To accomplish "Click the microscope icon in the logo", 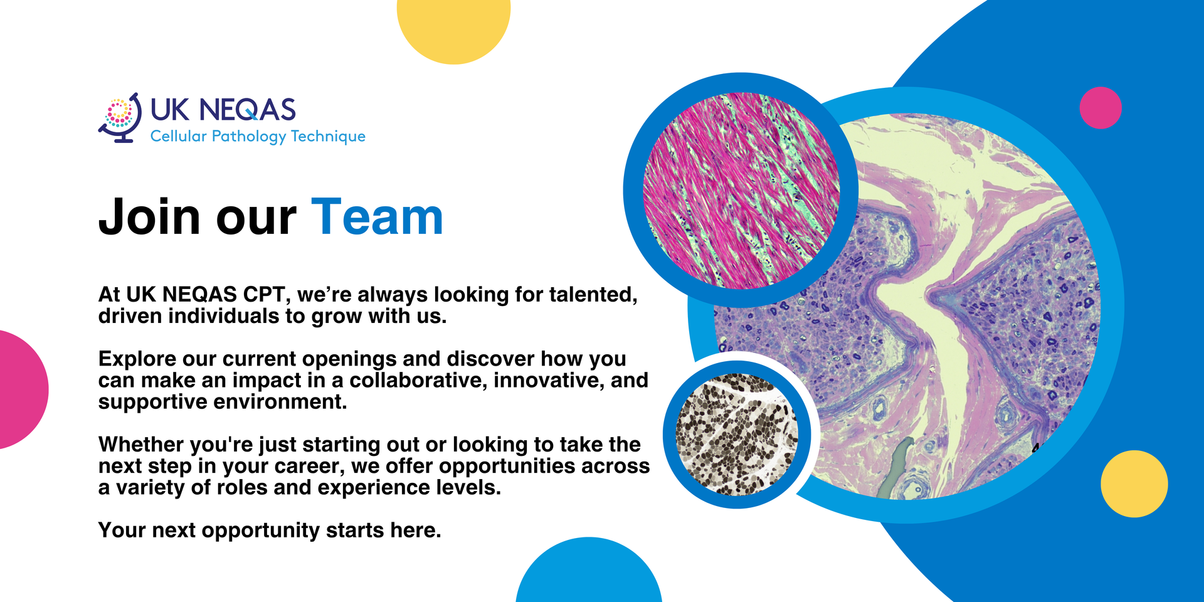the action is pyautogui.click(x=120, y=118).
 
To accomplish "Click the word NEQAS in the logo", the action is pyautogui.click(x=247, y=110).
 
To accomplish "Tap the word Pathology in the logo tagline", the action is pyautogui.click(x=249, y=137).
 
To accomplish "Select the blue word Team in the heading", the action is pyautogui.click(x=378, y=217).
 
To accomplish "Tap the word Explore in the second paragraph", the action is pyautogui.click(x=137, y=359).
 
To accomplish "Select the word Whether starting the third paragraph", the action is pyautogui.click(x=141, y=444).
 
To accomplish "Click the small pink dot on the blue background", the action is pyautogui.click(x=1101, y=108).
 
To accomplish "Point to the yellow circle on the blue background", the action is pyautogui.click(x=1134, y=484).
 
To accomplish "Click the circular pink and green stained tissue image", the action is pyautogui.click(x=741, y=191).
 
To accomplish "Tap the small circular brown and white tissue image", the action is pyautogui.click(x=737, y=435).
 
